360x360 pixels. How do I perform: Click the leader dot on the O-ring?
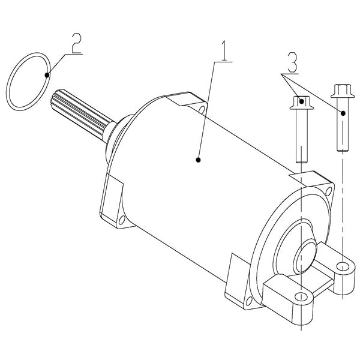(x=47, y=74)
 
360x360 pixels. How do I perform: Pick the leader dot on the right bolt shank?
(x=343, y=112)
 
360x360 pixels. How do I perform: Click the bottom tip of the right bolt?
(x=340, y=148)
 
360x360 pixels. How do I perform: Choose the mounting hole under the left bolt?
(x=300, y=297)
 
